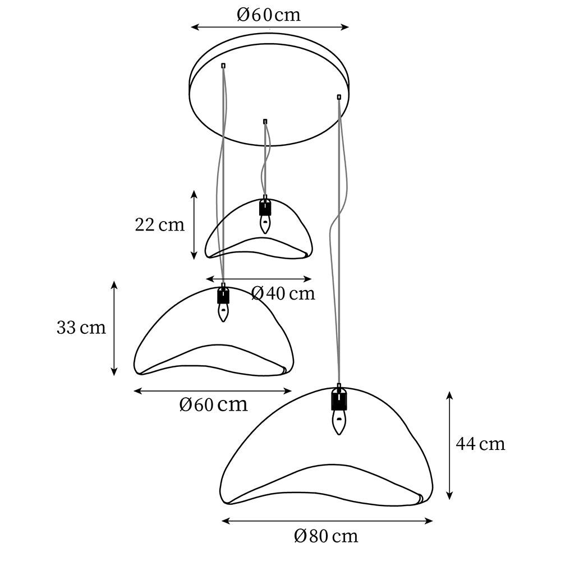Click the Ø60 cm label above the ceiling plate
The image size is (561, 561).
(x=269, y=15)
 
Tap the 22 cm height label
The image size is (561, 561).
(x=159, y=225)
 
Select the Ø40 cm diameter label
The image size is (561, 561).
(x=283, y=293)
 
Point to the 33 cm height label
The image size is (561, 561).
(x=81, y=328)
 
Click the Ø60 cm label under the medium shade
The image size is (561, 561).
(x=214, y=404)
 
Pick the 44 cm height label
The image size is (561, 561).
(x=481, y=444)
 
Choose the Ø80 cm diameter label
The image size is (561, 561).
(x=326, y=536)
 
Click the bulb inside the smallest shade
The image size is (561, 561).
(x=265, y=224)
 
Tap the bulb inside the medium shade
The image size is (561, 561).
(x=223, y=312)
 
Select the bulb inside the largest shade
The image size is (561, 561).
(x=338, y=422)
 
